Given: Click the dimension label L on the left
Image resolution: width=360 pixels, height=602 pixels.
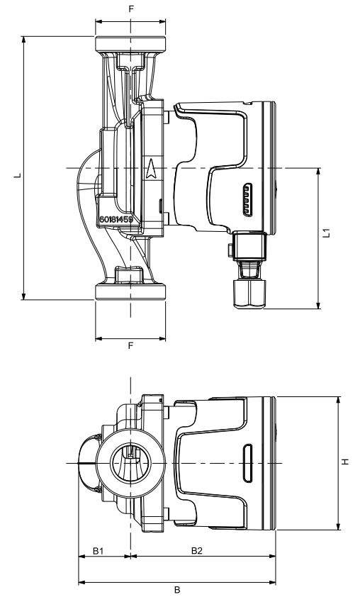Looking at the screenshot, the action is tap(17, 175).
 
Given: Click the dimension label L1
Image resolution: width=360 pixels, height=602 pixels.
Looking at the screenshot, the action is tap(326, 233).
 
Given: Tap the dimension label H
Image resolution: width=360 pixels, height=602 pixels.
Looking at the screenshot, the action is tap(345, 462).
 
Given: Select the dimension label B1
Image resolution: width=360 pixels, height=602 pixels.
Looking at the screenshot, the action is tap(99, 551).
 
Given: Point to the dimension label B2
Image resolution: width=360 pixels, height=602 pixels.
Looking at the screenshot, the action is tap(197, 551).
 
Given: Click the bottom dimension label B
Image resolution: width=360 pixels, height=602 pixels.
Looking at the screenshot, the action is tap(177, 590).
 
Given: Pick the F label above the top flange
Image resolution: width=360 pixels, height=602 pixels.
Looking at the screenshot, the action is tap(131, 9).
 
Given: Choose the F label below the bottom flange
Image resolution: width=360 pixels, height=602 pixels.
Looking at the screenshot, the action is tap(130, 345).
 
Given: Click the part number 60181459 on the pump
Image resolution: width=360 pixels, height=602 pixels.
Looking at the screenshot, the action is tap(116, 220).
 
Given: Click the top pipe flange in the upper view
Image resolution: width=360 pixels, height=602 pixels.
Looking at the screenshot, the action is tap(130, 45).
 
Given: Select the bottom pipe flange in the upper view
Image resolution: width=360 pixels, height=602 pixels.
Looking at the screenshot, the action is tap(130, 292).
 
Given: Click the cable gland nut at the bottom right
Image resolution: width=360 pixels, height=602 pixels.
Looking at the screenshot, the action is tap(249, 294).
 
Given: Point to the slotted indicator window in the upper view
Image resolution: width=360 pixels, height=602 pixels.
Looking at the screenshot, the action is tap(248, 199).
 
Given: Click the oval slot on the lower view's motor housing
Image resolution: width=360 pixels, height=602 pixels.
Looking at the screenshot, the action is tap(248, 464).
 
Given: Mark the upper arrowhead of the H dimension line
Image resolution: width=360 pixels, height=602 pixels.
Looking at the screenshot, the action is tap(338, 400).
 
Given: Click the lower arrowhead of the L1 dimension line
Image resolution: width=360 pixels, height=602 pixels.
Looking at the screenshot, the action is tap(318, 305).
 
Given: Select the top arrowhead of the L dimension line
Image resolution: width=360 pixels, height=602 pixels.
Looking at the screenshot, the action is tap(24, 40).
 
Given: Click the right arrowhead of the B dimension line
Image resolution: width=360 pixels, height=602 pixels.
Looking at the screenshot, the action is tap(272, 583).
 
